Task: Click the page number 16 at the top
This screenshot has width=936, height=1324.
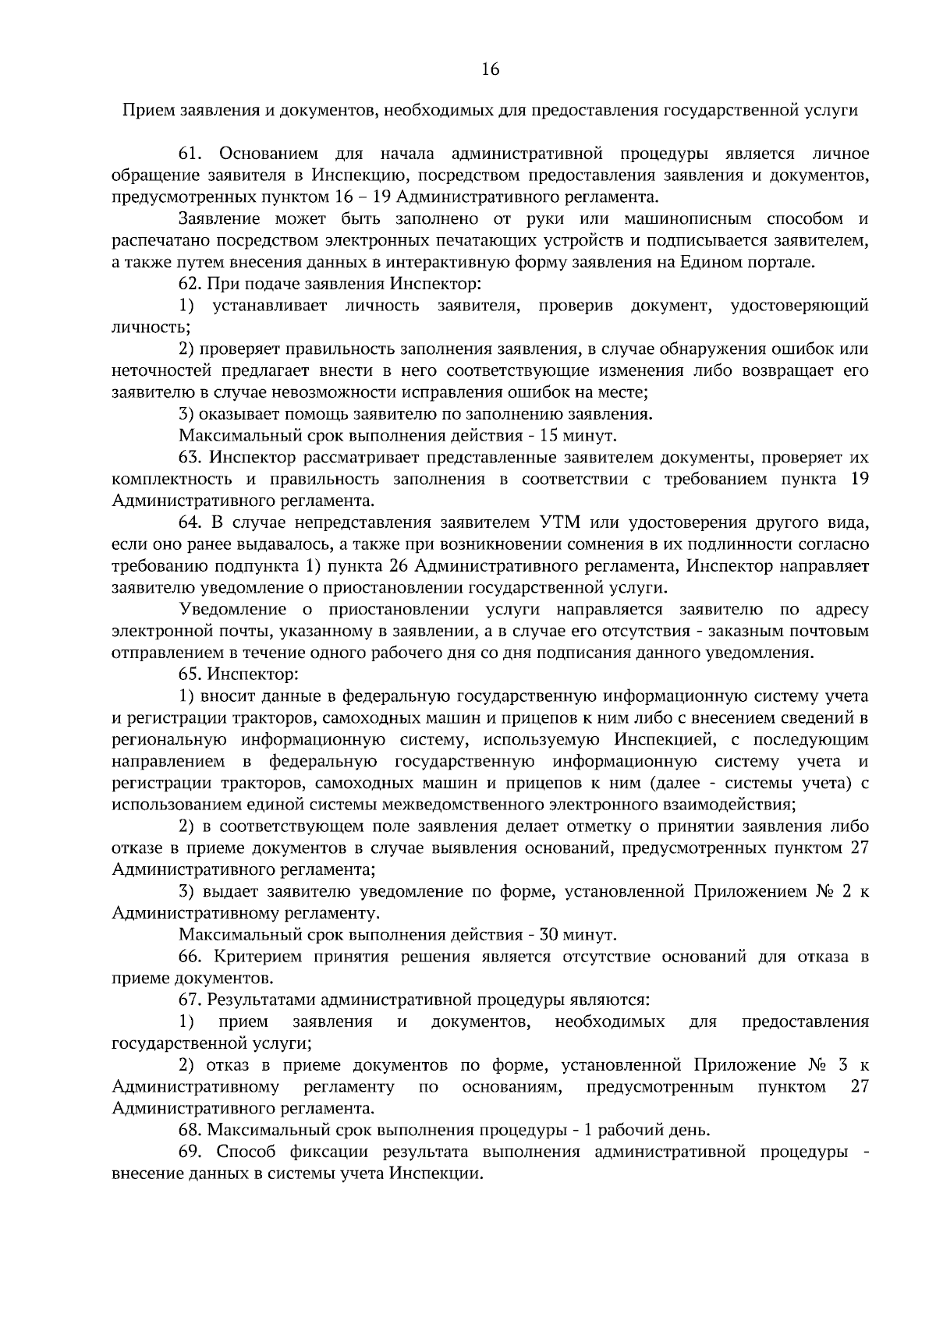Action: [490, 69]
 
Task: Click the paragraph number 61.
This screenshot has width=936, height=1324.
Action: [191, 153]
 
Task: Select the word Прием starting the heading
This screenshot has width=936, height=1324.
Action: [144, 110]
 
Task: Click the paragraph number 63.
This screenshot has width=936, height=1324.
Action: [190, 457]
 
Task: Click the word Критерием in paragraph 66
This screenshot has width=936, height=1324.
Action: [259, 956]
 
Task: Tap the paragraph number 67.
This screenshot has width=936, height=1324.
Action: [190, 1000]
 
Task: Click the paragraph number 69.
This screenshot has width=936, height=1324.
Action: [191, 1152]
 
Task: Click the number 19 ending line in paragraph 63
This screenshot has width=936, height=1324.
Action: [859, 479]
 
